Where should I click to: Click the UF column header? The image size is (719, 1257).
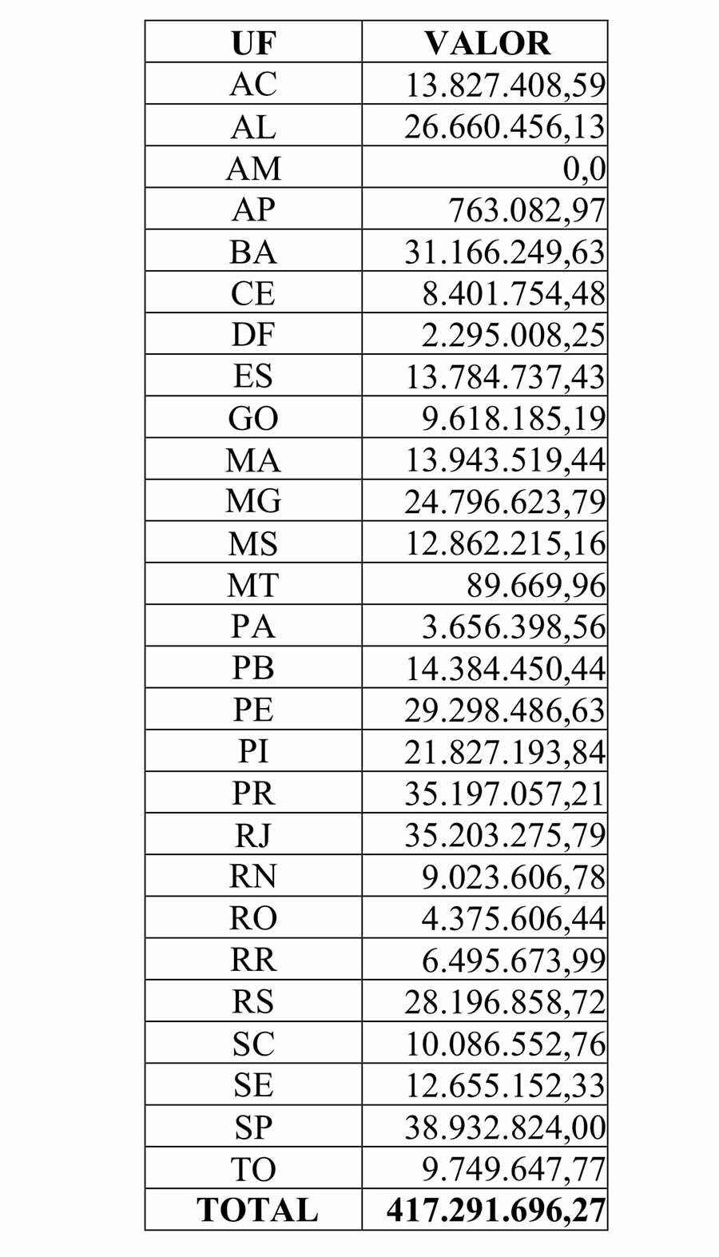coord(253,43)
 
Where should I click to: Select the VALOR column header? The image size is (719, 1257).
coord(487,43)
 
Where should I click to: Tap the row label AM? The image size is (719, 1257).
coord(253,169)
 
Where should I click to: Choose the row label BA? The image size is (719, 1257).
coord(253,253)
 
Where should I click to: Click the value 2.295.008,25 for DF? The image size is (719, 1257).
coord(513,336)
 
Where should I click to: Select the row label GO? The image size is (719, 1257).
coord(253,419)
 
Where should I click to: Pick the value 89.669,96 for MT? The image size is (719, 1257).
coord(536,586)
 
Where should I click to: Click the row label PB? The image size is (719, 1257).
coord(253,668)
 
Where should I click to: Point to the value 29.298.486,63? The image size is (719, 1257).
coord(505,710)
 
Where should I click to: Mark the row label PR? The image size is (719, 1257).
coord(253,794)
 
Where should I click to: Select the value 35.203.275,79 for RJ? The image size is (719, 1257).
coord(505,836)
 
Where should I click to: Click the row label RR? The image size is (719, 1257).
coord(253,960)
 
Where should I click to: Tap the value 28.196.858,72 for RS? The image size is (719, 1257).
coord(505,1002)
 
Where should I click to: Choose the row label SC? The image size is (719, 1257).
coord(253,1044)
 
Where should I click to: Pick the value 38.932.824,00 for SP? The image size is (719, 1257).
coord(505,1128)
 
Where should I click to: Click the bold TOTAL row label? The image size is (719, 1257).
coord(257,1210)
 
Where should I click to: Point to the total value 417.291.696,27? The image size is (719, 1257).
coord(496,1211)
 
